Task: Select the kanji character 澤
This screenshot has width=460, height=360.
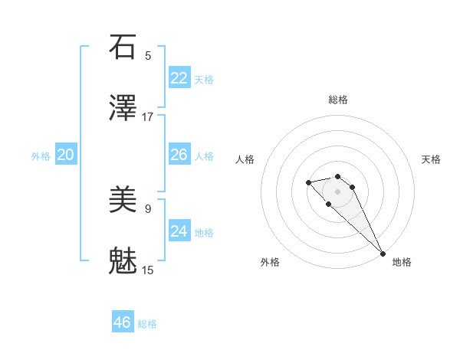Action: click(123, 109)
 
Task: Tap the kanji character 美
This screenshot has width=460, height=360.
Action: click(123, 199)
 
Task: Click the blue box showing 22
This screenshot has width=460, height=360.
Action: click(179, 78)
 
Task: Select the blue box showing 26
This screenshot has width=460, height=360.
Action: click(179, 155)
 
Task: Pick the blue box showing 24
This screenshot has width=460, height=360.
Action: click(179, 231)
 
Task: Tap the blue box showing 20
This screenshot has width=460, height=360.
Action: click(66, 155)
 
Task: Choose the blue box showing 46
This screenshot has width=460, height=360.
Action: click(123, 322)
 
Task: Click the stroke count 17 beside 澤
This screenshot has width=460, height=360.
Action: click(148, 117)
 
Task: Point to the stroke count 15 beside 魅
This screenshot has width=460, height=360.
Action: click(148, 270)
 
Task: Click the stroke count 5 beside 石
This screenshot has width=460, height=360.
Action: click(148, 55)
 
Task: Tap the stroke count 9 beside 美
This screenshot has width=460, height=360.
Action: click(148, 208)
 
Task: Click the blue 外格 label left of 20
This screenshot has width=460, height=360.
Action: click(41, 156)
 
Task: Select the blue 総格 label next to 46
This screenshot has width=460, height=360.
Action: click(147, 324)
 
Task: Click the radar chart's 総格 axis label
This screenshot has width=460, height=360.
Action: click(338, 100)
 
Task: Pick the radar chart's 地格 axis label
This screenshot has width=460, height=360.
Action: click(402, 263)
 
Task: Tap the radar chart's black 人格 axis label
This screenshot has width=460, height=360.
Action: click(245, 159)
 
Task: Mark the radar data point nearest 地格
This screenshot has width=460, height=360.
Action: click(383, 254)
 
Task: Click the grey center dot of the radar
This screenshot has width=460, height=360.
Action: click(337, 191)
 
